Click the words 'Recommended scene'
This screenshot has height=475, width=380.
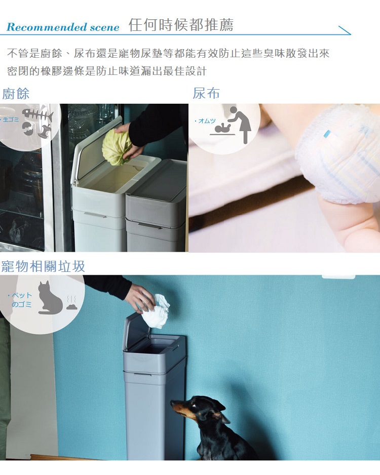pyautogui.click(x=63, y=27)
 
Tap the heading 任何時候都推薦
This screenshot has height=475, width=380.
pyautogui.click(x=181, y=25)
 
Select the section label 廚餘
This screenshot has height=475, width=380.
pyautogui.click(x=16, y=94)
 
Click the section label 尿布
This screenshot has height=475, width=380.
pyautogui.click(x=206, y=93)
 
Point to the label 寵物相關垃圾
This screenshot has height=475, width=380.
pyautogui.click(x=43, y=266)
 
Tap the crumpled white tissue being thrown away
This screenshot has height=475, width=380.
pyautogui.click(x=156, y=312)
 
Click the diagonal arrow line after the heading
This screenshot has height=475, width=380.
pyautogui.click(x=345, y=30)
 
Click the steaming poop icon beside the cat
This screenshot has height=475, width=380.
pyautogui.click(x=72, y=303)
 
